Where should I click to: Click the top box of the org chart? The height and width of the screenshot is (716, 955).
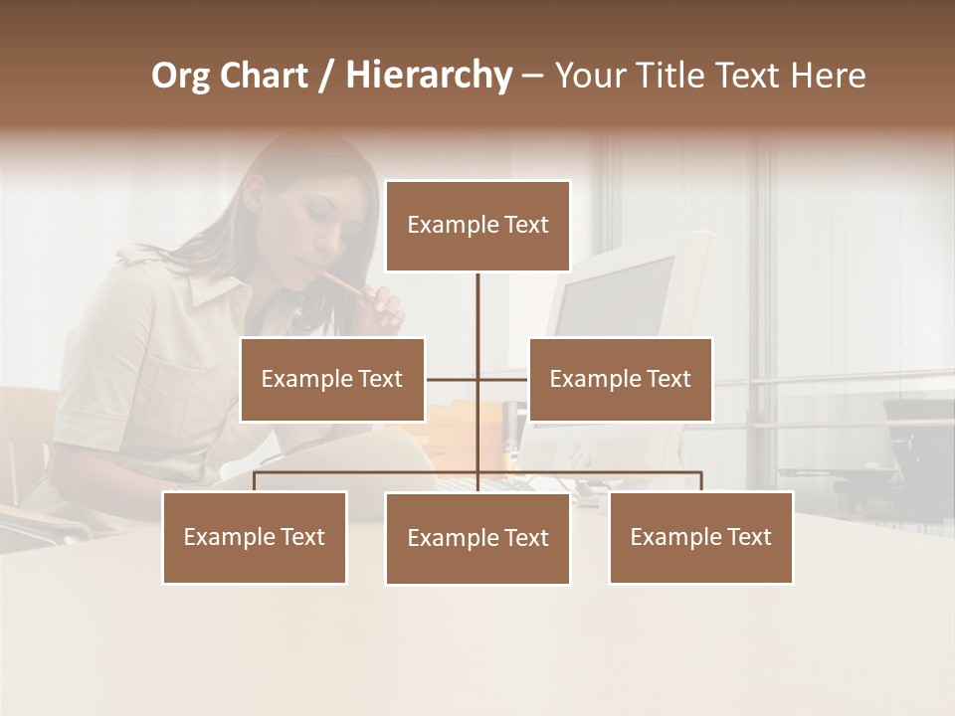click(477, 226)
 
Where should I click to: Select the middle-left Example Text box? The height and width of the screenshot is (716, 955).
click(332, 379)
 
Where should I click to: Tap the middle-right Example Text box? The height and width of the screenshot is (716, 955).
click(620, 379)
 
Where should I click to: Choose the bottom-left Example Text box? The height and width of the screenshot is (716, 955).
click(255, 537)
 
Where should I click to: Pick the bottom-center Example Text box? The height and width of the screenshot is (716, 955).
click(477, 538)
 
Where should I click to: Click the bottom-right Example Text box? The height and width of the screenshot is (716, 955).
click(700, 537)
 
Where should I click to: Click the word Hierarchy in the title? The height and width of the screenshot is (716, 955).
click(428, 76)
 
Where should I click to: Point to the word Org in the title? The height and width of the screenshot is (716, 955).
click(181, 76)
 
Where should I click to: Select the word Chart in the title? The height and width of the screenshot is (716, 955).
click(264, 76)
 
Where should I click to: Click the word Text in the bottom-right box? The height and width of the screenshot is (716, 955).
click(748, 537)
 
